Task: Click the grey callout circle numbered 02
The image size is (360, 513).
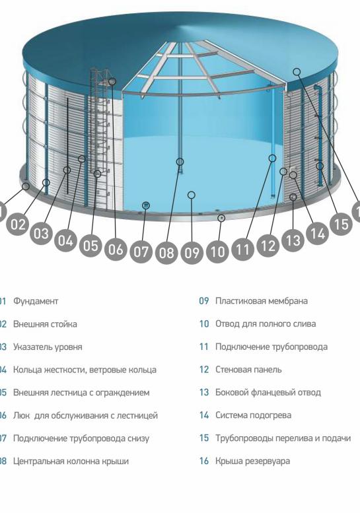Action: point(18,224)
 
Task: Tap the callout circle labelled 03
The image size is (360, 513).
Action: point(42,233)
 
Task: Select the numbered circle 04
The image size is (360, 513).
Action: point(65,241)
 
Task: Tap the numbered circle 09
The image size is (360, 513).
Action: point(192,252)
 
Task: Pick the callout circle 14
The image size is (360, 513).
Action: point(317,233)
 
